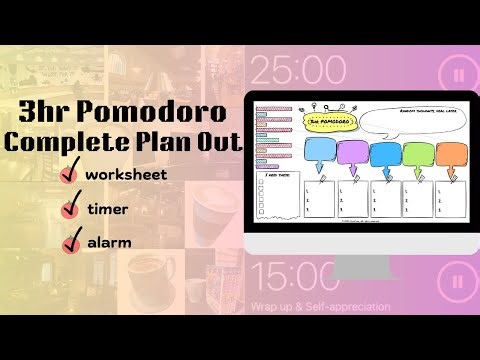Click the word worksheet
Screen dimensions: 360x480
tap(125, 174)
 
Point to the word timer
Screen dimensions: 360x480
tap(106, 209)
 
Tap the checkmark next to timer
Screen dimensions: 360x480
tap(71, 209)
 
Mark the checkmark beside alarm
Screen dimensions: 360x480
tap(71, 243)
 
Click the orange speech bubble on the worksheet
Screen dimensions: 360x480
tap(452, 154)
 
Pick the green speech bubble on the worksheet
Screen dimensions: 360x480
tap(418, 154)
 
